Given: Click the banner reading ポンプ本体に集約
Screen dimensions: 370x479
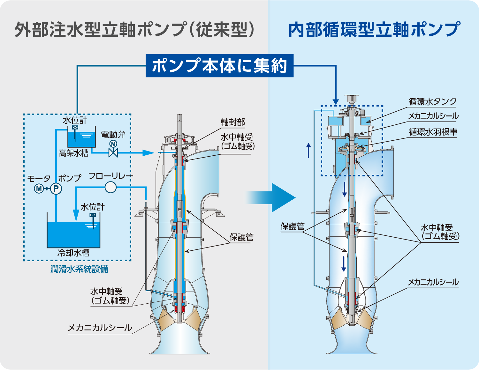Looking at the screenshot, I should (219, 66).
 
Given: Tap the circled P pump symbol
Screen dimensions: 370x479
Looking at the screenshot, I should (56, 189).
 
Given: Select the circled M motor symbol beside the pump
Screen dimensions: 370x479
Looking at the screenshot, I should (39, 189).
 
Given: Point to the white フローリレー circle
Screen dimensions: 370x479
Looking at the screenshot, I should (110, 187).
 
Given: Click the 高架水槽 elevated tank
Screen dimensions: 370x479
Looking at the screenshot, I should (82, 139).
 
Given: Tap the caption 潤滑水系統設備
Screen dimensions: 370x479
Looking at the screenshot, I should (79, 269).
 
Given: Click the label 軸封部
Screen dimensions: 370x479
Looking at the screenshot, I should (233, 122).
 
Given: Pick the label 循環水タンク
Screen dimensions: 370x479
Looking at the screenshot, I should (433, 102).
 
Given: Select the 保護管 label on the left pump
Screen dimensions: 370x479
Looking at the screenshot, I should (241, 237).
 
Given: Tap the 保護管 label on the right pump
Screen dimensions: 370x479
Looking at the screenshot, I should (292, 226).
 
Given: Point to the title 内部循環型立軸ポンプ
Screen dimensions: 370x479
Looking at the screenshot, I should (374, 30).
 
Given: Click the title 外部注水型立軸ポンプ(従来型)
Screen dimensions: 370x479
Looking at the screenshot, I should (134, 30).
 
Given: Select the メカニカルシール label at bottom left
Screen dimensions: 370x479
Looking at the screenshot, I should (100, 328).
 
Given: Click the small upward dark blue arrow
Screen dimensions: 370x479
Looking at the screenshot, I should (308, 150).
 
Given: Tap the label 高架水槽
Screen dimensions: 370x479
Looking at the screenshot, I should (74, 153).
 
